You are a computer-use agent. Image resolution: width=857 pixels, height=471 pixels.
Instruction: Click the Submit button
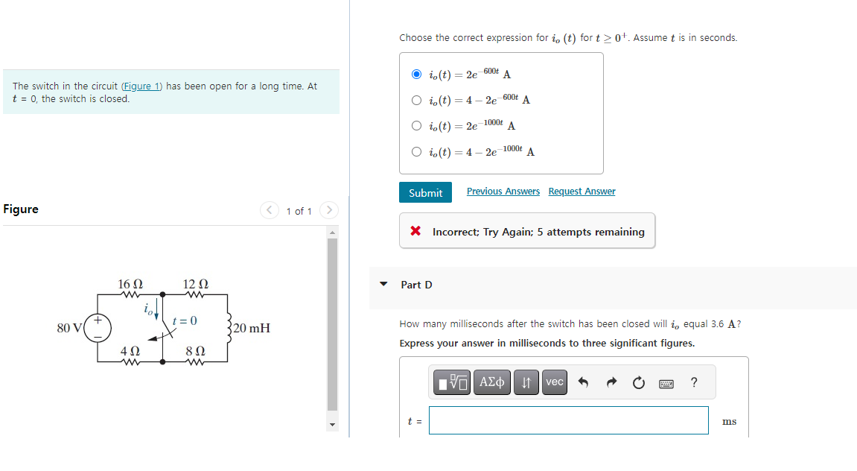(x=425, y=193)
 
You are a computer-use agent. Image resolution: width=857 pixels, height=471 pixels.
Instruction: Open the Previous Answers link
(x=503, y=192)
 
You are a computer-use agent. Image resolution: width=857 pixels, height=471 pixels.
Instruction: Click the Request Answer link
(x=582, y=192)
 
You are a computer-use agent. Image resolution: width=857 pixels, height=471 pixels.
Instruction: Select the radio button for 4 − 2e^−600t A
(x=417, y=101)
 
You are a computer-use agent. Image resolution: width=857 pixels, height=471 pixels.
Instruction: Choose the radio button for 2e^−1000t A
(x=417, y=126)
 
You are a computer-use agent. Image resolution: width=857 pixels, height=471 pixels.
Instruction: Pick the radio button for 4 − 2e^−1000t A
(x=417, y=152)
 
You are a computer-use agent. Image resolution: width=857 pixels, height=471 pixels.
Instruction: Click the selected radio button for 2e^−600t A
(x=417, y=75)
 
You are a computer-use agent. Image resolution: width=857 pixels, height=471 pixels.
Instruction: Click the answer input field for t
(x=568, y=420)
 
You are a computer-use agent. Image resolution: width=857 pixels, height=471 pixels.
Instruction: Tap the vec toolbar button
(x=555, y=382)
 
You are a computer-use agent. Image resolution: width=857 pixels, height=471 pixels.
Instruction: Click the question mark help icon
(x=694, y=382)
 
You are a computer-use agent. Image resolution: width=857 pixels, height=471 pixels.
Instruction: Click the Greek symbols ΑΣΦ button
(x=491, y=382)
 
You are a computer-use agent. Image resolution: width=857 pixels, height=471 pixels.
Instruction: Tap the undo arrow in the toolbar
(x=583, y=383)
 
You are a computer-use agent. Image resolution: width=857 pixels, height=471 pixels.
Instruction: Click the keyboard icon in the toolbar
(x=666, y=383)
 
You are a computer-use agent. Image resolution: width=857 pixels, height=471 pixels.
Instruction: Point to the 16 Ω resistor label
(x=130, y=284)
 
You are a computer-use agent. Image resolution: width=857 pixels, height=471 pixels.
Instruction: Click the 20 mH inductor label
(x=251, y=328)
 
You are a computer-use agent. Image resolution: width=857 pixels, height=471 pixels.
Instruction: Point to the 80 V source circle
(x=98, y=329)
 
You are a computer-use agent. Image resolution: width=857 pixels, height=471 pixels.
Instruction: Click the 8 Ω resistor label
(x=195, y=350)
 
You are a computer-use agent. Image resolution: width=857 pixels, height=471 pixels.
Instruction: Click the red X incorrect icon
(x=416, y=232)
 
